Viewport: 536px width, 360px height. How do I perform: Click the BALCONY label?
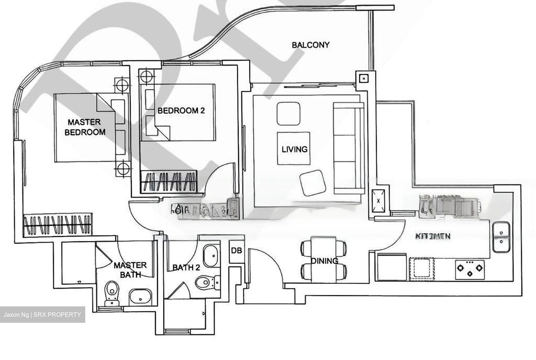pyautogui.click(x=310, y=45)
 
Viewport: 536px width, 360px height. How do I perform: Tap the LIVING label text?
pyautogui.click(x=294, y=149)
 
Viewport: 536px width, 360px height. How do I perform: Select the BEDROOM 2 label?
pyautogui.click(x=181, y=111)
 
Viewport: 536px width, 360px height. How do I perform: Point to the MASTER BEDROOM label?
pyautogui.click(x=85, y=127)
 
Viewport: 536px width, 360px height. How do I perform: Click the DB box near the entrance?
pyautogui.click(x=236, y=251)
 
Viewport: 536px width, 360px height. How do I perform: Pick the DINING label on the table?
pyautogui.click(x=324, y=261)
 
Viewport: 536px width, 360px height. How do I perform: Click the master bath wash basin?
pyautogui.click(x=140, y=297)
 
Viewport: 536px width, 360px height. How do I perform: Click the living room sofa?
pyautogui.click(x=348, y=148)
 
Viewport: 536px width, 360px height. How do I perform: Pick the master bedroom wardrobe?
pyautogui.click(x=58, y=225)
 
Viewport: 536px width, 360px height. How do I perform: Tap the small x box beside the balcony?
pyautogui.click(x=364, y=79)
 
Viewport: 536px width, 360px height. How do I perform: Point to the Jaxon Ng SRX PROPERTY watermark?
pyautogui.click(x=42, y=315)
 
